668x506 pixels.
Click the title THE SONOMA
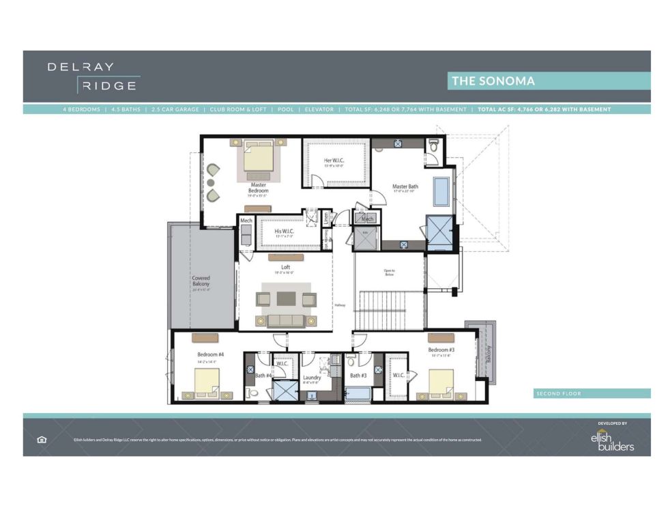[x=493, y=81]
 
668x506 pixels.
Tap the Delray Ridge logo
[x=91, y=76]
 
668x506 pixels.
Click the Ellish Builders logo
[x=611, y=440]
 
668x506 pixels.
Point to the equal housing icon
[x=41, y=440]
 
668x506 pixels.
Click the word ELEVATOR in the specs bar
[x=319, y=109]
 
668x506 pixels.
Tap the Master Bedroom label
[x=259, y=188]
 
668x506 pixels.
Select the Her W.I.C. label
[x=334, y=161]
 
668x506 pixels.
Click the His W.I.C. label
[x=284, y=231]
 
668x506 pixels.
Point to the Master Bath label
[x=405, y=186]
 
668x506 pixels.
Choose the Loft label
[x=286, y=268]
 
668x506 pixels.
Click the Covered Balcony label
[x=201, y=281]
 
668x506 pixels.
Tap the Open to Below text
[x=389, y=272]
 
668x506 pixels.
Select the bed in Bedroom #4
[x=207, y=382]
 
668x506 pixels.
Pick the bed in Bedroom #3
[x=441, y=382]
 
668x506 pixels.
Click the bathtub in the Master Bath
[x=441, y=192]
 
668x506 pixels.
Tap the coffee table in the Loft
[x=286, y=298]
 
